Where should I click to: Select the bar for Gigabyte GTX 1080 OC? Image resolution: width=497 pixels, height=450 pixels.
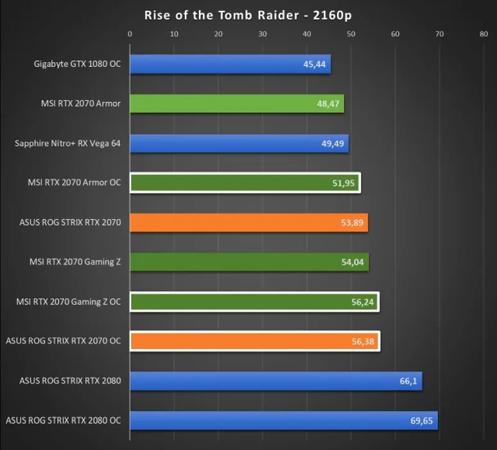[230, 64]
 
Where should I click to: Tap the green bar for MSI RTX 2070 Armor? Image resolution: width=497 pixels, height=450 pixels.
[236, 104]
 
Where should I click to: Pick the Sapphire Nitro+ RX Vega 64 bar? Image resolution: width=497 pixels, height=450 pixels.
[239, 143]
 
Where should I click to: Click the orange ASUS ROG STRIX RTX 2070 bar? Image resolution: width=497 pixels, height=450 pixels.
[248, 223]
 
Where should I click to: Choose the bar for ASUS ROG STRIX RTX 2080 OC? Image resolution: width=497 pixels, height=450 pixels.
[283, 421]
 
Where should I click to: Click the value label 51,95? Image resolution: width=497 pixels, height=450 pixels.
[344, 183]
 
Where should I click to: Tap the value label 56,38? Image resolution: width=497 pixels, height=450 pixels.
[363, 341]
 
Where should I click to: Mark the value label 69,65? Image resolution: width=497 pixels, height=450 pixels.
[422, 421]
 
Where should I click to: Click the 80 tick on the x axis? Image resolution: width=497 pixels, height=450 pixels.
[484, 35]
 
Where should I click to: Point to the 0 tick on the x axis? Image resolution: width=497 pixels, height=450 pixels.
[130, 35]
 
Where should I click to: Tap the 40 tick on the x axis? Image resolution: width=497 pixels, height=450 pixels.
[307, 35]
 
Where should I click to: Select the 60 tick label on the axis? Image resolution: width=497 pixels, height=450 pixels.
[395, 35]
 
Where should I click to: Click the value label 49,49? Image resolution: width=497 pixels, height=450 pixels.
[333, 143]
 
